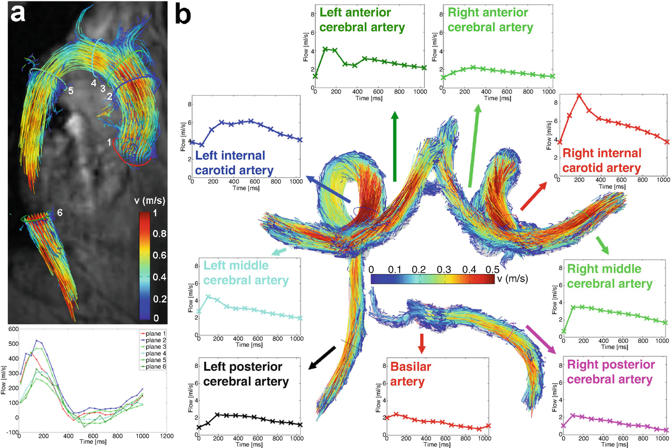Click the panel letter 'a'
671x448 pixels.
[18, 14]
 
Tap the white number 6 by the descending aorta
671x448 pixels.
[60, 213]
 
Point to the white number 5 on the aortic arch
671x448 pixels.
[71, 91]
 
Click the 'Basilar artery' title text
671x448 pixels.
[410, 374]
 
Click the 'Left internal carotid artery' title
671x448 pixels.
[234, 163]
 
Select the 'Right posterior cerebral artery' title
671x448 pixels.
[610, 372]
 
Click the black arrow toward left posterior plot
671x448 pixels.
[322, 358]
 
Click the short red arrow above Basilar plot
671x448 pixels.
[422, 343]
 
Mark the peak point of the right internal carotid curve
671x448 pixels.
[579, 96]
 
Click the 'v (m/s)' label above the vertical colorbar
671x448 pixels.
[149, 201]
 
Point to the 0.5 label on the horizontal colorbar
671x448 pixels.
[492, 270]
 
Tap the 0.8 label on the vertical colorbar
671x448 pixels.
[160, 233]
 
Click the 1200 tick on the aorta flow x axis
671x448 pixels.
[167, 436]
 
